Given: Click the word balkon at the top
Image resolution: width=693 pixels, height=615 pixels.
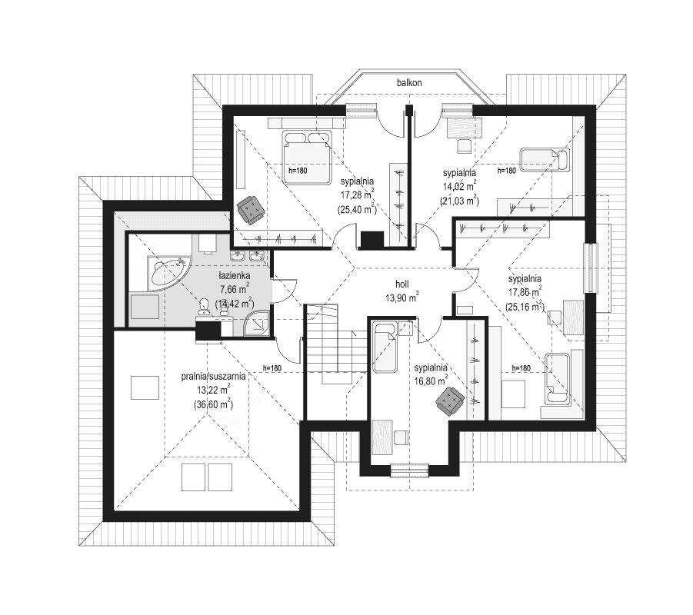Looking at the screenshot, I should point(408,82).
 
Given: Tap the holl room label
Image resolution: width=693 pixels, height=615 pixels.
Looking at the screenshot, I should point(401,283).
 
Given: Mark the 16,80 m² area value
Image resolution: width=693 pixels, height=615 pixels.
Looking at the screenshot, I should point(430,380).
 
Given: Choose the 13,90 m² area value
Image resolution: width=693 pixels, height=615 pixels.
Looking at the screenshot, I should point(401,296).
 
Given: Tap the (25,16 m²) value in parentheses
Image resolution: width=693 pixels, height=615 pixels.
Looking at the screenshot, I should point(525,305).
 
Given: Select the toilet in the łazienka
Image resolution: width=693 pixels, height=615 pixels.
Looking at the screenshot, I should point(204,307).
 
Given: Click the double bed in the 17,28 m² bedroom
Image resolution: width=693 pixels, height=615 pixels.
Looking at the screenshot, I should point(307,146).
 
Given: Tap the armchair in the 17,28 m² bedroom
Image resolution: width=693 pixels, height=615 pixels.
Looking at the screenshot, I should point(250,208).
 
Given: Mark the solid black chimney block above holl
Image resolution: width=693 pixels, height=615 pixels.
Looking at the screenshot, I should point(371,239).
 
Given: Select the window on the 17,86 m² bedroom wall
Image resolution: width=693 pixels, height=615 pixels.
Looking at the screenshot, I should point(590,268).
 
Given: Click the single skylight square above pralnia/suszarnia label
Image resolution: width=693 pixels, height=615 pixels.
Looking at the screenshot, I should point(145,387).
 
